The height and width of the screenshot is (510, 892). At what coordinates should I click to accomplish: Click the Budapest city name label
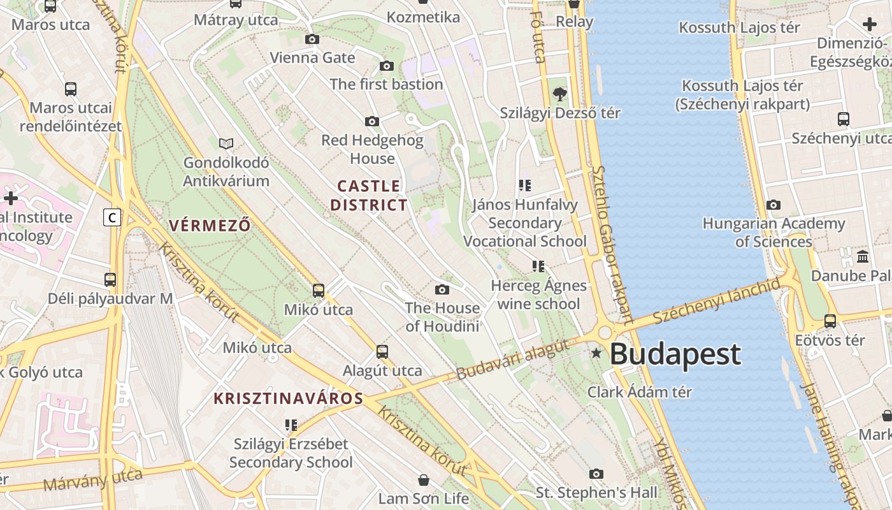pos(675,354)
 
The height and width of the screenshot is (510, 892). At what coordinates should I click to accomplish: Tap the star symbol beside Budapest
pos(596,353)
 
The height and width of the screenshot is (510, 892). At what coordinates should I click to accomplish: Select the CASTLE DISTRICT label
pos(368,196)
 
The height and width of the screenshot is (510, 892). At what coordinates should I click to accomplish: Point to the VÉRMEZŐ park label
pos(210,225)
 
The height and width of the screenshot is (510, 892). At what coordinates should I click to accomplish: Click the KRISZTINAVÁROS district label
pos(288,399)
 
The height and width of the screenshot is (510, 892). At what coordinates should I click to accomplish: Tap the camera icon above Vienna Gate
pos(312,40)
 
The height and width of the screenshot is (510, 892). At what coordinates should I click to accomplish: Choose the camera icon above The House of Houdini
pos(442,290)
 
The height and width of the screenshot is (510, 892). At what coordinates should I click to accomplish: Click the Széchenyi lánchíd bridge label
pos(716,300)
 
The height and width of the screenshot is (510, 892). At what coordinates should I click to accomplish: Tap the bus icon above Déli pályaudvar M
pos(110,279)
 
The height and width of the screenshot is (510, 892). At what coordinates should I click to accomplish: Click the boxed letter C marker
pos(112,217)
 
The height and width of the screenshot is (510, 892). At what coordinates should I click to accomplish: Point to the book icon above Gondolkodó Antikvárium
pos(226,143)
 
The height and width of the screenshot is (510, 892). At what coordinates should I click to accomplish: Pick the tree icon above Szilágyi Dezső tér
pos(560,94)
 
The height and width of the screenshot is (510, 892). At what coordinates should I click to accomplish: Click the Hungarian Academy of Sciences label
pos(773,233)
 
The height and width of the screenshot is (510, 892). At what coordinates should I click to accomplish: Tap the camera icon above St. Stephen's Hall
pos(596,474)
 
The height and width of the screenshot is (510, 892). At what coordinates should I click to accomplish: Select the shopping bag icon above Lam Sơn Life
pos(424,479)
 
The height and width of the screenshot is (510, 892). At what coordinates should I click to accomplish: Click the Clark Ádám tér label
pos(639,391)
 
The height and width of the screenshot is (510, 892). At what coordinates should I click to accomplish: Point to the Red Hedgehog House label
pos(372,149)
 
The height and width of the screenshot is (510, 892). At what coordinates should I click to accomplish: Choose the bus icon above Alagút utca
pos(382,351)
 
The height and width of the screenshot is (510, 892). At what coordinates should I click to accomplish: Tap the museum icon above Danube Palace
pos(863,256)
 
